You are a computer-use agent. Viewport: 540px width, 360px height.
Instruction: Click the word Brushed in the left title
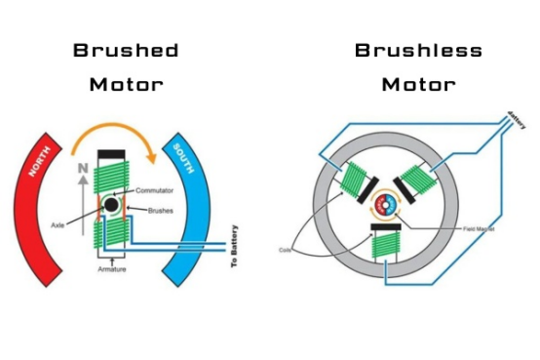126,51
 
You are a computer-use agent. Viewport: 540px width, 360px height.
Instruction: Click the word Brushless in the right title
417,51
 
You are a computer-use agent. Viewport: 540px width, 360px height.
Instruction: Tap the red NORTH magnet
44,195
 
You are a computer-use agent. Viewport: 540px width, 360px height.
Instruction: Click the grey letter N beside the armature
84,168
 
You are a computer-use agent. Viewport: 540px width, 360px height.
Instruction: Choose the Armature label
114,269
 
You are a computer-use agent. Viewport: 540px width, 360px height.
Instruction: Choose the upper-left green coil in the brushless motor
354,181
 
